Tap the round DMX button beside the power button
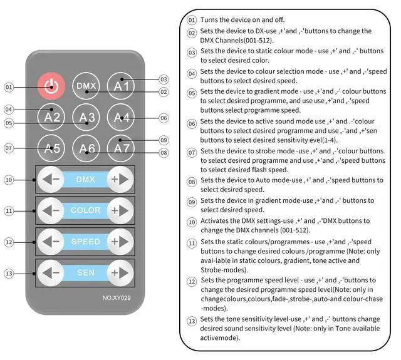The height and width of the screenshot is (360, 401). tap(86, 86)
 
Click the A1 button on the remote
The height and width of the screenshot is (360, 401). tap(121, 86)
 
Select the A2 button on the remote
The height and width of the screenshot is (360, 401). tap(51, 117)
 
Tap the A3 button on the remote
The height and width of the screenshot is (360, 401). tap(86, 117)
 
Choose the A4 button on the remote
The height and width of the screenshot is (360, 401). tap(121, 117)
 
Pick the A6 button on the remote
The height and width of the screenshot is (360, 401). tap(86, 148)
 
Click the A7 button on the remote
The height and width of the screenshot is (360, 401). tap(121, 148)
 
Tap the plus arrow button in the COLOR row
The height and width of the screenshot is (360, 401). tap(120, 210)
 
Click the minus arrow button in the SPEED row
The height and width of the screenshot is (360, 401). tap(51, 242)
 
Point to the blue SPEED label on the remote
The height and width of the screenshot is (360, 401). tap(85, 242)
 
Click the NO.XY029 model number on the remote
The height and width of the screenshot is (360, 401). tap(117, 298)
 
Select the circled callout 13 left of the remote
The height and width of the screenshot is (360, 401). tap(9, 274)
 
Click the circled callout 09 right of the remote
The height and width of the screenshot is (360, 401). tap(164, 140)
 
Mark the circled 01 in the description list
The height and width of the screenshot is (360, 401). tap(192, 20)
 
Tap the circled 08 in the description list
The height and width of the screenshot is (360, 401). tap(192, 182)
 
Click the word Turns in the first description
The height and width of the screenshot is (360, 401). tap(209, 19)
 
